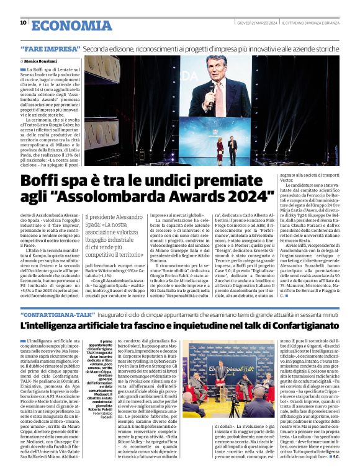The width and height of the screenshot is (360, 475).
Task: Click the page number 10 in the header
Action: pos(23,23)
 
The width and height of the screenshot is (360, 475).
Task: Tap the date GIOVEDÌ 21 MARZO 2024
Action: pos(257,24)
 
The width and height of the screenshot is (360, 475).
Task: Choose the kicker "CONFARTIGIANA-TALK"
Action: pos(58,316)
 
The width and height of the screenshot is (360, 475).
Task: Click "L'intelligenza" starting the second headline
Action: pos(53,326)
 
